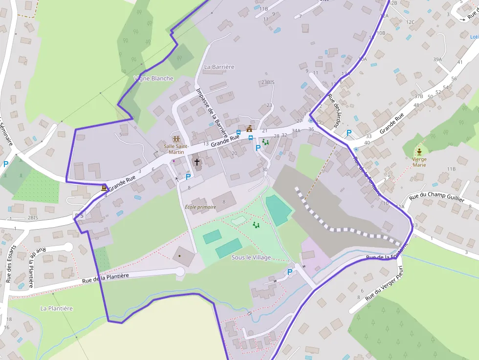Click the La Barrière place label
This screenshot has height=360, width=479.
[x=219, y=67]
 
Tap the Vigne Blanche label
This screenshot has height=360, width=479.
[x=153, y=79]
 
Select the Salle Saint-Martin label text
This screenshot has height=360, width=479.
[x=176, y=149]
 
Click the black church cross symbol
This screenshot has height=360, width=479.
[x=197, y=162]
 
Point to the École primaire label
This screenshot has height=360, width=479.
[x=200, y=207]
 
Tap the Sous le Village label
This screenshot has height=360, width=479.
[x=251, y=257]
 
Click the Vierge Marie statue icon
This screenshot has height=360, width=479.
[x=419, y=151]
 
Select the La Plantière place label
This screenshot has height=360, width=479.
[x=56, y=309]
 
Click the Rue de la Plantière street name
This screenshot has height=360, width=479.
[x=105, y=278]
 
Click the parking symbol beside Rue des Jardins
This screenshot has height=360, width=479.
[x=349, y=132]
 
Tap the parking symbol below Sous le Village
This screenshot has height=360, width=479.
[x=290, y=272]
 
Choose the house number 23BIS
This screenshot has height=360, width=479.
[x=268, y=83]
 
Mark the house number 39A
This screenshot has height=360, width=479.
[x=437, y=60]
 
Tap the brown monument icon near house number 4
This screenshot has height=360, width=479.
[x=104, y=188]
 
